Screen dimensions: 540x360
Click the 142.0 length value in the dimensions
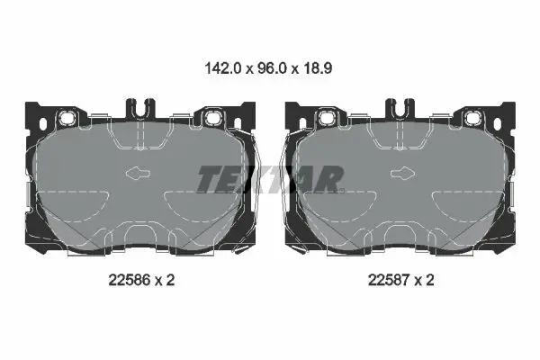[223, 68]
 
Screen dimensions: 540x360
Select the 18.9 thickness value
[318, 68]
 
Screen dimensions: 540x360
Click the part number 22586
[130, 280]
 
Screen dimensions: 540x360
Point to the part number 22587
[389, 280]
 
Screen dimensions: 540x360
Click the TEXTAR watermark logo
[270, 179]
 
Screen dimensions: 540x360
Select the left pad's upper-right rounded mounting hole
[211, 118]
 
